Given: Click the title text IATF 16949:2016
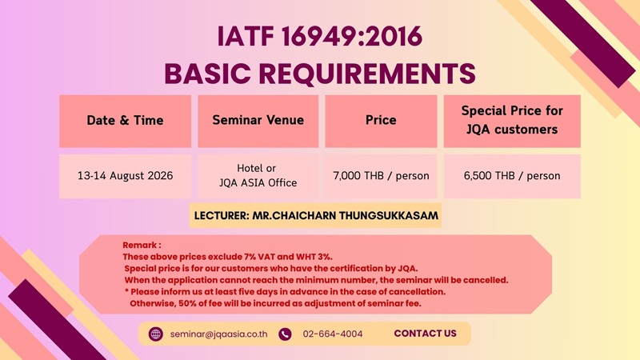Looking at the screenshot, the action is pyautogui.click(x=319, y=36).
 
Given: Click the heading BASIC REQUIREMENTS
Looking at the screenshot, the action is pyautogui.click(x=319, y=74).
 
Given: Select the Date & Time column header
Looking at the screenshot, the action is pyautogui.click(x=125, y=121).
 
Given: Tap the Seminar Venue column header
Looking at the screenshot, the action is pyautogui.click(x=258, y=121).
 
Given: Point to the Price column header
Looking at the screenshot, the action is pyautogui.click(x=381, y=121).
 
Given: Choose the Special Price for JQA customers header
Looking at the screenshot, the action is pyautogui.click(x=512, y=121).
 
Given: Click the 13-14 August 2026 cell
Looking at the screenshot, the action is pyautogui.click(x=125, y=176).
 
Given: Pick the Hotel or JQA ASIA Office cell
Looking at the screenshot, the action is pyautogui.click(x=258, y=176).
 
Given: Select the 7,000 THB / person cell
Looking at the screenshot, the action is pyautogui.click(x=381, y=176).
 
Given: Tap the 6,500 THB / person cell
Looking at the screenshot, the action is pyautogui.click(x=512, y=176).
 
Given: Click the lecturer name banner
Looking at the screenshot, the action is pyautogui.click(x=315, y=215).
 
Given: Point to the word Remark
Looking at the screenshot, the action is pyautogui.click(x=139, y=246).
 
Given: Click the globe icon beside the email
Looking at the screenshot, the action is pyautogui.click(x=155, y=334).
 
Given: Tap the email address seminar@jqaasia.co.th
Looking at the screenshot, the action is pyautogui.click(x=218, y=334).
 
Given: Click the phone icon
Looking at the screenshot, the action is pyautogui.click(x=285, y=334).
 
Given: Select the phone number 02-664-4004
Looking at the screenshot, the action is pyautogui.click(x=333, y=334).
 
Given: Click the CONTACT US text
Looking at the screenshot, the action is pyautogui.click(x=426, y=334).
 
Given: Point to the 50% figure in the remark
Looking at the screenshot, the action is pyautogui.click(x=188, y=303).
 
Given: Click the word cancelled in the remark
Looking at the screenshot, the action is pyautogui.click(x=486, y=280).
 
